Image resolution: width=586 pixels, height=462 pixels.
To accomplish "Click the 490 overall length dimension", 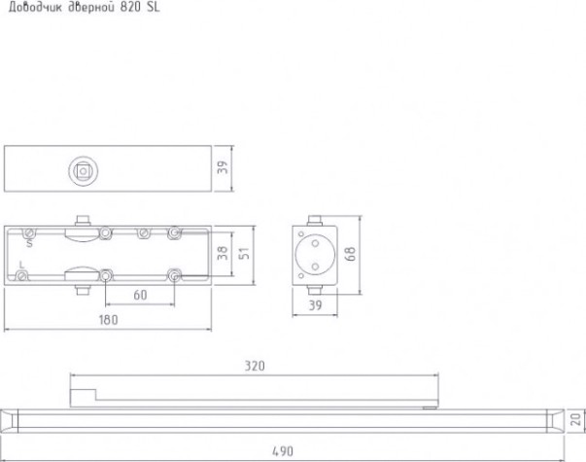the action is pos(283,451).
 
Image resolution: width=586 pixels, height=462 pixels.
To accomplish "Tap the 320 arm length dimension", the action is pos(255,366).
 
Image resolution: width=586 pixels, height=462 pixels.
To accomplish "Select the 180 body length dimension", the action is pos(108,320).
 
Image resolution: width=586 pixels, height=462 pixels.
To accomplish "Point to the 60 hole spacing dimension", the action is pos(140,295).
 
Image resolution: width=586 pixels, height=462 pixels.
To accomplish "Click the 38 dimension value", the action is pos(223,253).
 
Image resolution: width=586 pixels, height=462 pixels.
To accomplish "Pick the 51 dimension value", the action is pos(244,253).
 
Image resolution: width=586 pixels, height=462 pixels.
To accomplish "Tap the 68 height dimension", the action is pos(350,254).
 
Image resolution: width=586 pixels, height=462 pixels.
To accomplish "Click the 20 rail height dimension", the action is pos(577,419).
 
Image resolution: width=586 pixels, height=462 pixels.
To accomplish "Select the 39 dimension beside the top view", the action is pos(223,167).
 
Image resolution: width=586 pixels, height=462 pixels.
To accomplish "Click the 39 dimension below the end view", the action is pos(315,305).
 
